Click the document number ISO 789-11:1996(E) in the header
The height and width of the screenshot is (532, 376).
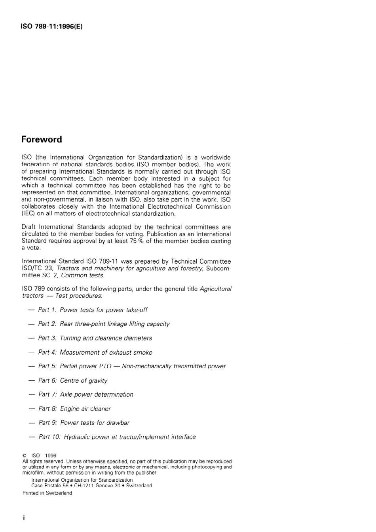(x=52, y=27)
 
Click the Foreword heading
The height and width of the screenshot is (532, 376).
(x=42, y=139)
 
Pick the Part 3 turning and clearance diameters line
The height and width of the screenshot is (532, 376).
(x=95, y=338)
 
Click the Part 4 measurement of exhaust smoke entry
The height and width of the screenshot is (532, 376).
(x=95, y=352)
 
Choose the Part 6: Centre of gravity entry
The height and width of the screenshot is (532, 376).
(x=72, y=380)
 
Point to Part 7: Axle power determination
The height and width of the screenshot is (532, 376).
(x=85, y=394)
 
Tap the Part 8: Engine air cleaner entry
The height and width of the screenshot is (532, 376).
(x=74, y=408)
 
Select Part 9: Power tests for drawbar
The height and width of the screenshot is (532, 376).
(x=84, y=422)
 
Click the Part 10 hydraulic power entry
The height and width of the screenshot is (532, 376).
(x=117, y=437)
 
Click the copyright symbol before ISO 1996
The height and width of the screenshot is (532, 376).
(x=25, y=456)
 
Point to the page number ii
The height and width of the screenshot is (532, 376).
(x=24, y=518)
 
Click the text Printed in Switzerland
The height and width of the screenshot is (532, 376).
(x=47, y=493)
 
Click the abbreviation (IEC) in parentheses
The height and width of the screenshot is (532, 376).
(x=28, y=214)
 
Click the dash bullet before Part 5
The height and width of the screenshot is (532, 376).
(x=32, y=367)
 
